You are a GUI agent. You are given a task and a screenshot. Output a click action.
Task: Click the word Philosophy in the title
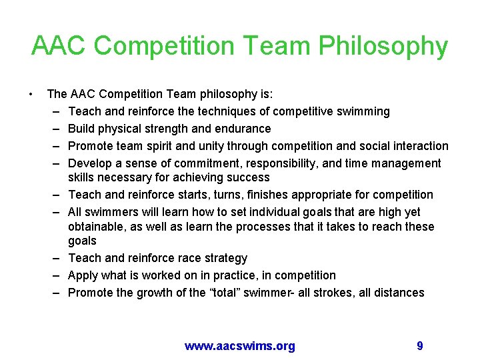coord(383,46)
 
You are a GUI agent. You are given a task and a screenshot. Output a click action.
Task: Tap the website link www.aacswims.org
coord(240,345)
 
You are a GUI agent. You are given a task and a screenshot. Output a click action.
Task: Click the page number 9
coord(419,345)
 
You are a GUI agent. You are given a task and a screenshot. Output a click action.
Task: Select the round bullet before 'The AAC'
coord(31,94)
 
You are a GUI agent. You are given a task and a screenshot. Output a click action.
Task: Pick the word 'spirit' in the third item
coord(177,146)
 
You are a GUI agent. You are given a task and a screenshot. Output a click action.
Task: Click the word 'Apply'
coord(84,275)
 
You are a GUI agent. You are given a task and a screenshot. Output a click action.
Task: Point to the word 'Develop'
coord(91,163)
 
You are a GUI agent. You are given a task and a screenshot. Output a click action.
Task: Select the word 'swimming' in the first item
coord(364,111)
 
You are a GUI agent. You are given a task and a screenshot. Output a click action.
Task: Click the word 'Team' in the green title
coord(279,46)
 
